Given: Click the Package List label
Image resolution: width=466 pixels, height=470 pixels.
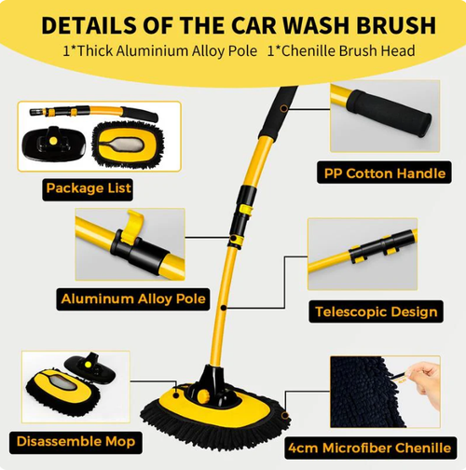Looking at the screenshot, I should [x=88, y=188].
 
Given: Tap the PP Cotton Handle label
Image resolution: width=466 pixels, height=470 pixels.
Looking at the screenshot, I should [x=382, y=173].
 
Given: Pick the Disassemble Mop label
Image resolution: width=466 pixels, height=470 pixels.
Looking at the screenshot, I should [x=74, y=440].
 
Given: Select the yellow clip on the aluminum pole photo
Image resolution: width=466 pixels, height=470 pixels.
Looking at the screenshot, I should [x=132, y=223].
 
